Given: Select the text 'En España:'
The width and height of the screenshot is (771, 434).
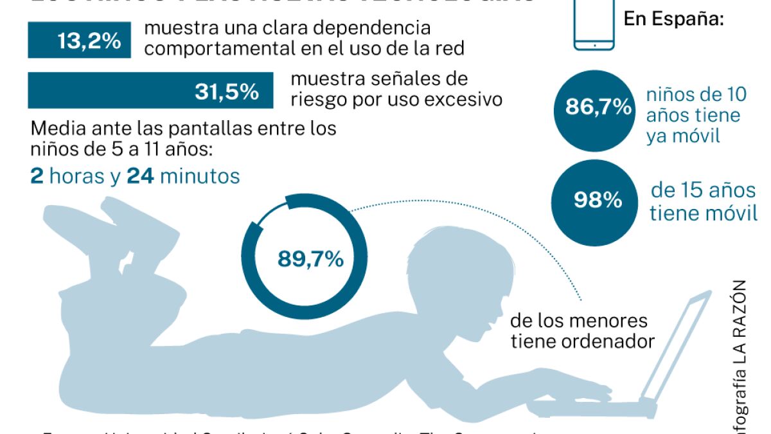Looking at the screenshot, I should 673,19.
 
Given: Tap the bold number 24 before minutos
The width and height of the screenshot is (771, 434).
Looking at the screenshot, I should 140,176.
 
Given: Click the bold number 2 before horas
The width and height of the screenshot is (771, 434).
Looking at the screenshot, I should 37,176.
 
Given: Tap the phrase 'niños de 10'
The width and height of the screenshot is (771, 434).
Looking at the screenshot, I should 696,95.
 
